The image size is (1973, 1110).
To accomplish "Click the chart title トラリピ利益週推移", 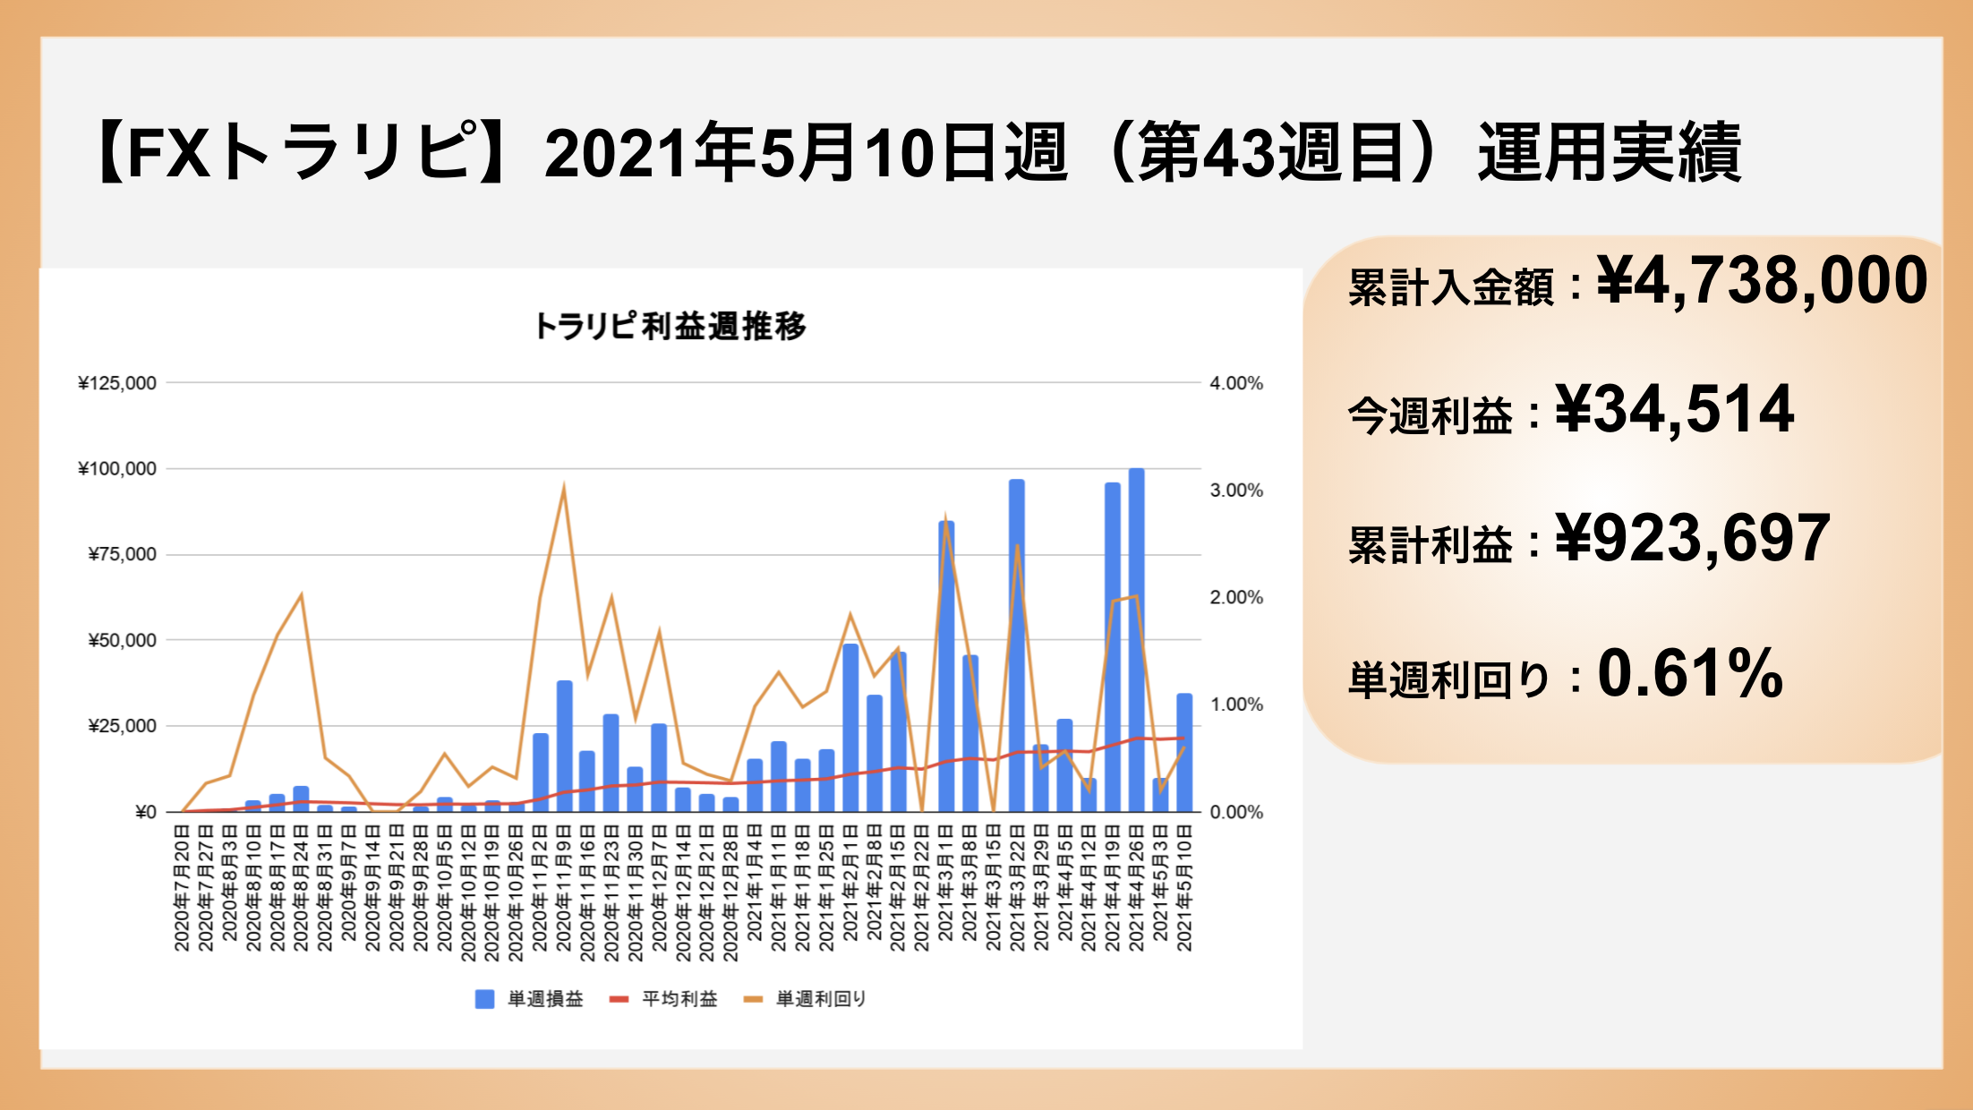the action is pyautogui.click(x=670, y=326).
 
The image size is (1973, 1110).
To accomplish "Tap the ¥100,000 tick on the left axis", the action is pyautogui.click(x=117, y=468).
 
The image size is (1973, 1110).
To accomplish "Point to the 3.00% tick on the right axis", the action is pyautogui.click(x=1236, y=491).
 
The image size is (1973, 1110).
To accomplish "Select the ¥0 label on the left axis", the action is pyautogui.click(x=146, y=812).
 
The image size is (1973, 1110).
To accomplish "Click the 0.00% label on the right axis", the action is pyautogui.click(x=1236, y=812).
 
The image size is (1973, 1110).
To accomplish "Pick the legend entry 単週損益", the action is pyautogui.click(x=529, y=999).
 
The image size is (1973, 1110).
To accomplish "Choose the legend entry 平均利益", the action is pyautogui.click(x=663, y=999).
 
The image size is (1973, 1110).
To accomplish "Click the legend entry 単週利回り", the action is pyautogui.click(x=806, y=999).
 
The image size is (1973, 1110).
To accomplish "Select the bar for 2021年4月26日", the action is pyautogui.click(x=1136, y=640).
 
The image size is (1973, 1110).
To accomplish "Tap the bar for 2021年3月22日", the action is pyautogui.click(x=1017, y=645).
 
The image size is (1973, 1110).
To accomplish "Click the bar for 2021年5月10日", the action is pyautogui.click(x=1184, y=753).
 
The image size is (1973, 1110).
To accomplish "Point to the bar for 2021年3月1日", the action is pyautogui.click(x=946, y=666).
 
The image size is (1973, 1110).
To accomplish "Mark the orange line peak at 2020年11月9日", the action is pyautogui.click(x=563, y=486).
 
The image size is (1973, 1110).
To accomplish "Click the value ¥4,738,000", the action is pyautogui.click(x=1762, y=281).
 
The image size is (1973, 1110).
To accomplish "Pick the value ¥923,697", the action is pyautogui.click(x=1693, y=539).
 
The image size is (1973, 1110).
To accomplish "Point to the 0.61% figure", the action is pyautogui.click(x=1690, y=673).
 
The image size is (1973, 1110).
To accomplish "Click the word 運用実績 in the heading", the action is pyautogui.click(x=1610, y=153).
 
